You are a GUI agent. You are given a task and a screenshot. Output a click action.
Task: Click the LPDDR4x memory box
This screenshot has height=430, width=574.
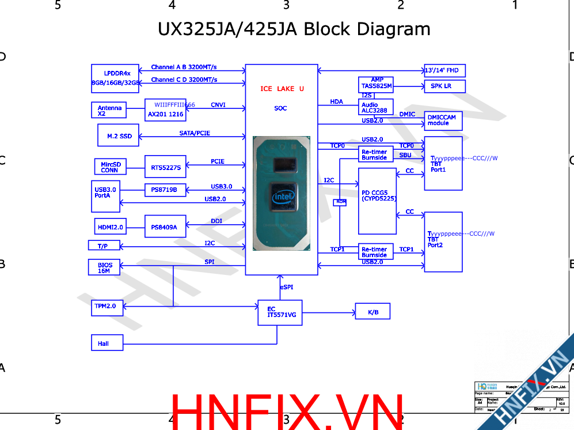115,78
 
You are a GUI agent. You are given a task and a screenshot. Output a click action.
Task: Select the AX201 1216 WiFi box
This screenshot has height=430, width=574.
165,110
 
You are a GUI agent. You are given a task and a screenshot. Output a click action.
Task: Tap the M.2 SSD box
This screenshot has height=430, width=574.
119,136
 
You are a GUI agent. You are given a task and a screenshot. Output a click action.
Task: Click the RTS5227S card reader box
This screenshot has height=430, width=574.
165,167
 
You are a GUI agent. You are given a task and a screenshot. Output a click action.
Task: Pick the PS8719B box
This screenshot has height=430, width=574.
165,189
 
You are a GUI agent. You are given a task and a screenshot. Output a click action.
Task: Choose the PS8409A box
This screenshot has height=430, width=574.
165,227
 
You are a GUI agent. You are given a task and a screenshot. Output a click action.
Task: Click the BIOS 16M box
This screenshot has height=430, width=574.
104,267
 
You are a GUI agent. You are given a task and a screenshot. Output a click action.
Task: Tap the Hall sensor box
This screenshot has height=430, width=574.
107,342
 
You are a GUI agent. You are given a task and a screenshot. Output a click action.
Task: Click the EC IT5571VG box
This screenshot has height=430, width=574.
280,312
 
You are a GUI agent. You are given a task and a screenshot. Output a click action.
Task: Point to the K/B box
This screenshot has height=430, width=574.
373,312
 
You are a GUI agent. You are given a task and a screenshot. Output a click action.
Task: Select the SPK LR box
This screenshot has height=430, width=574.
444,86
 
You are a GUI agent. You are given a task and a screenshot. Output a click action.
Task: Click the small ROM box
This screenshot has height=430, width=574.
340,202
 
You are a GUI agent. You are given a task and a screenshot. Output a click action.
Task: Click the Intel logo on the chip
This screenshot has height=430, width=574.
283,197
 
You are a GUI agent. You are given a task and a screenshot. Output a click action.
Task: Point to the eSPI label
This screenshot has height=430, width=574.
287,286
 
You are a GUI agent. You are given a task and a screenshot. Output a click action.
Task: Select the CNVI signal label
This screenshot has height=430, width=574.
218,105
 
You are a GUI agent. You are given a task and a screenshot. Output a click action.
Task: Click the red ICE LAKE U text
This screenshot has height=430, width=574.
282,88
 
